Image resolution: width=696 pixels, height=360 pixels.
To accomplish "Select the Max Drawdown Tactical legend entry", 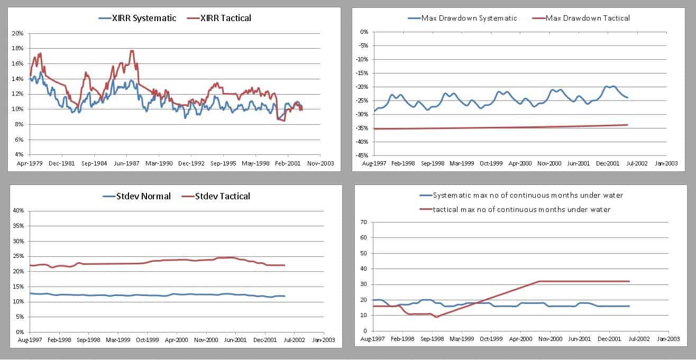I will (587, 18).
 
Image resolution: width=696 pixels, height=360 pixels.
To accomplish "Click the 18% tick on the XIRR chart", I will (17, 48).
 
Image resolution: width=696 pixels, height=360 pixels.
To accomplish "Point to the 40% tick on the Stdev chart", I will (17, 210).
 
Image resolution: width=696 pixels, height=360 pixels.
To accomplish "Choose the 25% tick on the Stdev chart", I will (17, 256).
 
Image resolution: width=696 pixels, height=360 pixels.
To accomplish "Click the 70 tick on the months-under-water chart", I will (363, 222).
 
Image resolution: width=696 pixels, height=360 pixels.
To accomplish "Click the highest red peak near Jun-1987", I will (132, 51).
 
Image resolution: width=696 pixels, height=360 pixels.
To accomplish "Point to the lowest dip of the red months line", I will (436, 317).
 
